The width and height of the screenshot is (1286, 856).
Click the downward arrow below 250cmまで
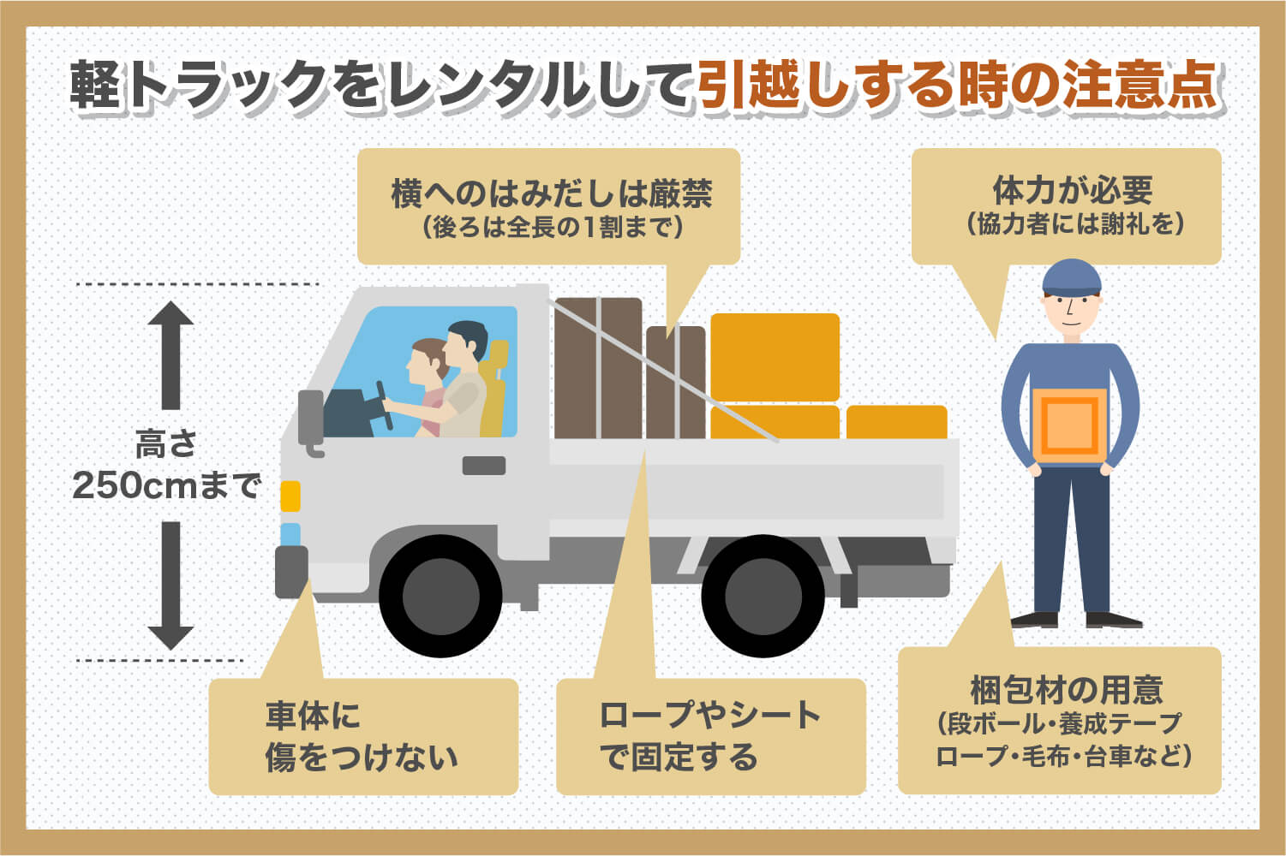(x=170, y=586)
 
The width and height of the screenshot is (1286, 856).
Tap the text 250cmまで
(x=166, y=485)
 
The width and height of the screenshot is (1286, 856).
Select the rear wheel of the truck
(x=762, y=596)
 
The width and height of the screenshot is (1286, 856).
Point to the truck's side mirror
(x=310, y=419)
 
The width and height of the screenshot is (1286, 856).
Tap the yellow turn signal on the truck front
(x=290, y=496)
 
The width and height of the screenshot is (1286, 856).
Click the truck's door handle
(x=483, y=466)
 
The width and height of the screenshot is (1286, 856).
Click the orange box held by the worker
(x=1069, y=425)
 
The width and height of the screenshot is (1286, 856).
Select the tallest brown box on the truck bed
(x=598, y=368)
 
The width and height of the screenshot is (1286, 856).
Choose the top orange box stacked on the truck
(x=775, y=357)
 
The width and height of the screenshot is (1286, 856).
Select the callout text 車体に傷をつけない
(x=361, y=737)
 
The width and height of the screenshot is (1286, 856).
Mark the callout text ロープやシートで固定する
(x=709, y=737)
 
